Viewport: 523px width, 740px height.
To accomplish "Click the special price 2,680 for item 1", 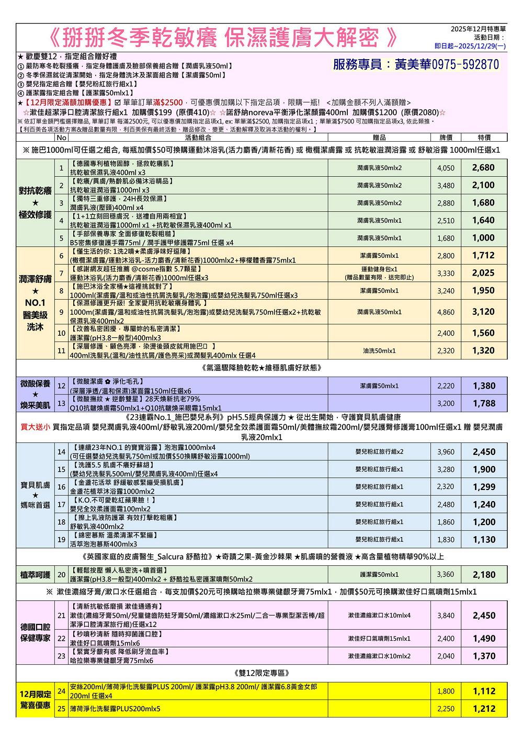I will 483,168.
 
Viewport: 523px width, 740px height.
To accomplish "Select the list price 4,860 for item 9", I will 446,312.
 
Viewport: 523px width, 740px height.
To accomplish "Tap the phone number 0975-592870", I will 465,64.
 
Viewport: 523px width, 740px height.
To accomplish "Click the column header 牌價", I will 446,138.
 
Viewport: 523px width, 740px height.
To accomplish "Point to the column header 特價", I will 484,138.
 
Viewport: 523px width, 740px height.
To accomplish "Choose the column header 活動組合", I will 198,138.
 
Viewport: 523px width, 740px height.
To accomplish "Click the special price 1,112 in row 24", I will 484,691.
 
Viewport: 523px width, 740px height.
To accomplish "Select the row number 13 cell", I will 61,403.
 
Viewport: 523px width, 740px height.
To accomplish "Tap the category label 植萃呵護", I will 36,575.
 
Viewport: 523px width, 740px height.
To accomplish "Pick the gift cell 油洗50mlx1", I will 379,351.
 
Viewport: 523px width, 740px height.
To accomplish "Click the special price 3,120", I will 483,312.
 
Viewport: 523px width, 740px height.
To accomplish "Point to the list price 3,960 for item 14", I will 446,452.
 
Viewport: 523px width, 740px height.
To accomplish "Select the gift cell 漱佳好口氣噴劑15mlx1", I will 379,639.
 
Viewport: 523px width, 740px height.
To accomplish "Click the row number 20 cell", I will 61,575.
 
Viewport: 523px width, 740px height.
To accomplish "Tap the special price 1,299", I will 484,487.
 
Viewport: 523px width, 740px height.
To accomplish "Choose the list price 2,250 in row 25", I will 446,709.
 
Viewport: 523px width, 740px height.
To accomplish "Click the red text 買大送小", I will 36,427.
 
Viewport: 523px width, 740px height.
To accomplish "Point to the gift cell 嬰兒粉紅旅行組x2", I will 379,452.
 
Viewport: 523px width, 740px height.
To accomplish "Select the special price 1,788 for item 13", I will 484,403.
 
